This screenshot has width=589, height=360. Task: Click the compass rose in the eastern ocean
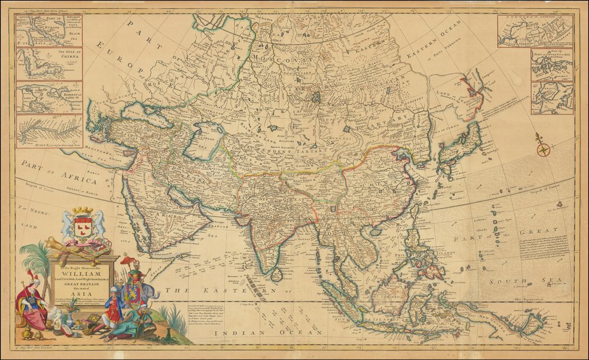tap(542, 148)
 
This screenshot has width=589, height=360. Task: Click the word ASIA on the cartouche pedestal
tap(78, 293)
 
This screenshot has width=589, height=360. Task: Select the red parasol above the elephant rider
tap(127, 260)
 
